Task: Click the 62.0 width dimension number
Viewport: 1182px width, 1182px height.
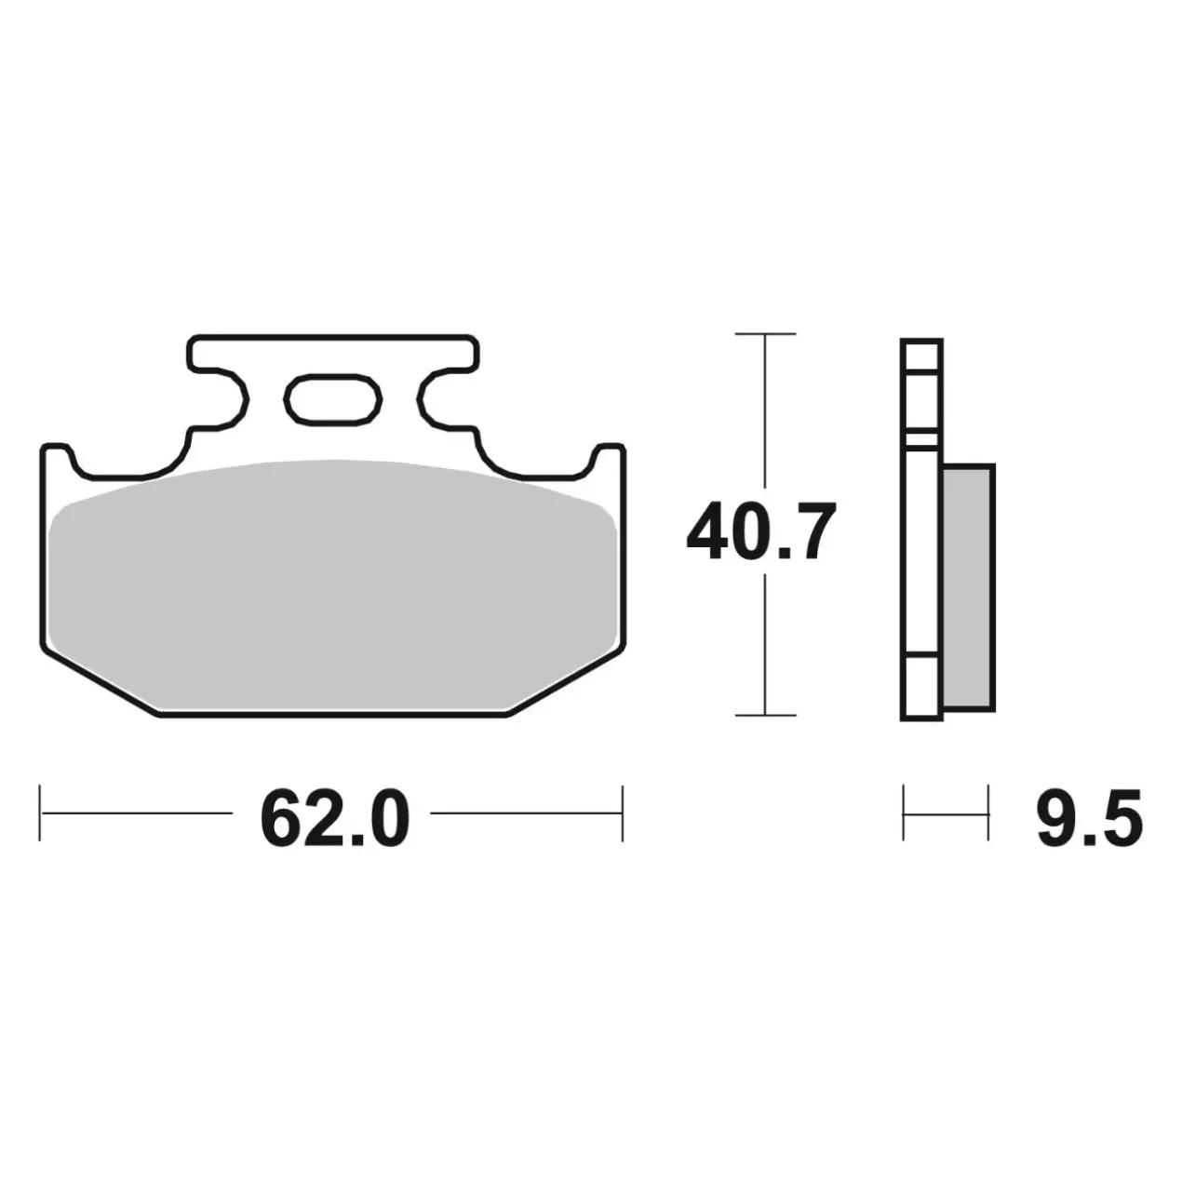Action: tap(334, 819)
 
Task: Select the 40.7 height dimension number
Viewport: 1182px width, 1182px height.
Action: tap(761, 531)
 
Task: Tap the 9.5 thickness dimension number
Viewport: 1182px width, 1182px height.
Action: tap(1089, 819)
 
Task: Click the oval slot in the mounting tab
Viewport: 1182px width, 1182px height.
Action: tap(333, 399)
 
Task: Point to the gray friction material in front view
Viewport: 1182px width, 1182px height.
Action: tap(332, 585)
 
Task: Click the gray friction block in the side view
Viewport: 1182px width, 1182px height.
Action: tap(967, 587)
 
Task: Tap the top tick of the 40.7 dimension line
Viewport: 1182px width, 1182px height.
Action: tap(765, 334)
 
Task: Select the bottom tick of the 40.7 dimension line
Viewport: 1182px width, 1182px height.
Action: tap(765, 715)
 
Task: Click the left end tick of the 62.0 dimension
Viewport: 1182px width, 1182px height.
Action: tap(40, 813)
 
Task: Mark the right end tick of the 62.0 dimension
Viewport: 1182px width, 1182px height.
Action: tap(622, 813)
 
